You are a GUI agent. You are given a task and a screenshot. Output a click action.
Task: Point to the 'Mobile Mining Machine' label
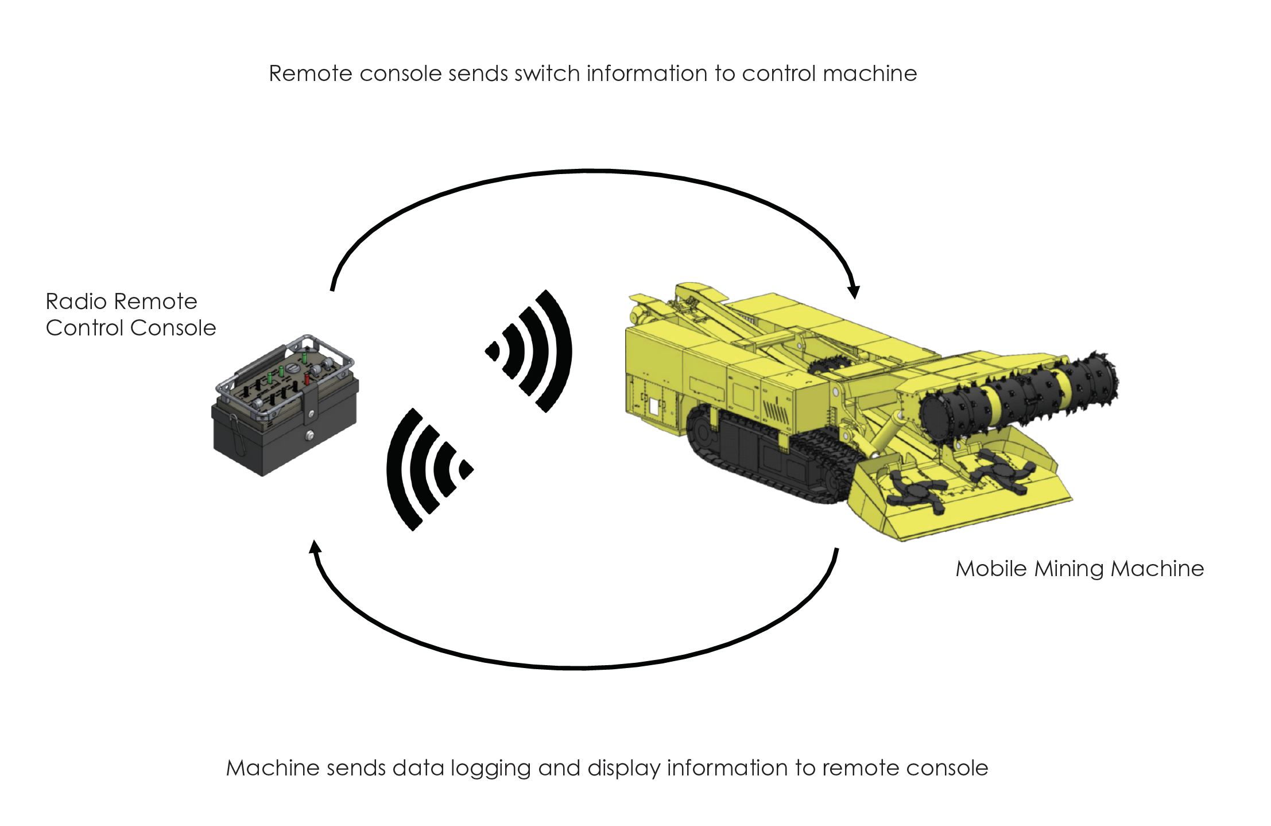1079,569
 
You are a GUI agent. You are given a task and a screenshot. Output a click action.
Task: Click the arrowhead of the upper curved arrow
854,291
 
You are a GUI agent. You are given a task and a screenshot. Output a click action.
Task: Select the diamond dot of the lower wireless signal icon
466,469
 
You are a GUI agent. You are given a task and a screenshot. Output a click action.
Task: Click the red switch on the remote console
307,379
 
